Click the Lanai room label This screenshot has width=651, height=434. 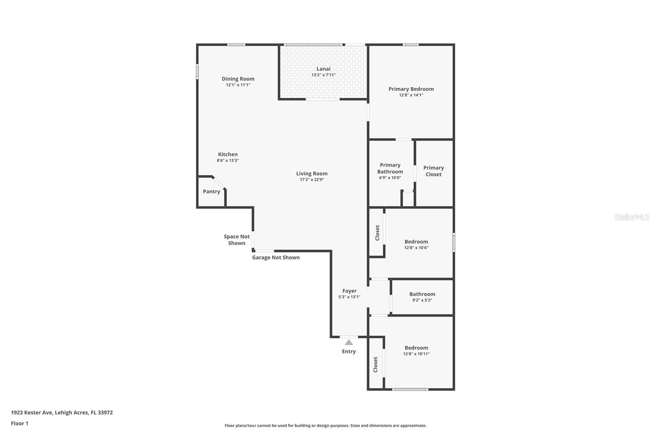point(323,69)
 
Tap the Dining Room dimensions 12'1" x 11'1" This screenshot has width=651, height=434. point(238,85)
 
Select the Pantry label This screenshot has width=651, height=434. point(212,191)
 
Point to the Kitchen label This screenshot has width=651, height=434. point(228,154)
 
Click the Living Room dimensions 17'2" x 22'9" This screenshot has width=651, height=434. point(312,180)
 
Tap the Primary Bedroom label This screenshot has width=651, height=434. point(411,89)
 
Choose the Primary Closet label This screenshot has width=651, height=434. point(433,171)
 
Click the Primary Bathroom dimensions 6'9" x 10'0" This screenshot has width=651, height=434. point(390,178)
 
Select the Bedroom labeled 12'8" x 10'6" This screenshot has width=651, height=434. point(416,241)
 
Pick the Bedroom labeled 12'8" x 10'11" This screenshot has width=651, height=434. point(416,348)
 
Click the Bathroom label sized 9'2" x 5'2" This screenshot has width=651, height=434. point(422,294)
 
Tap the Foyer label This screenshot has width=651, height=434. point(350,291)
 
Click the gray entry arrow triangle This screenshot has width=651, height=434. point(349,342)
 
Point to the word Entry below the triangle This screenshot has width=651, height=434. point(349,351)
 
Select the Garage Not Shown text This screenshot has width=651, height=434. point(276,257)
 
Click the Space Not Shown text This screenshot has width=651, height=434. point(237,240)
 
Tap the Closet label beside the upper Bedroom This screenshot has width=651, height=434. point(377,233)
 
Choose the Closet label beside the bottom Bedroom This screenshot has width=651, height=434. point(376,364)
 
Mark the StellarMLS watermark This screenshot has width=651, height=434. point(631,217)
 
